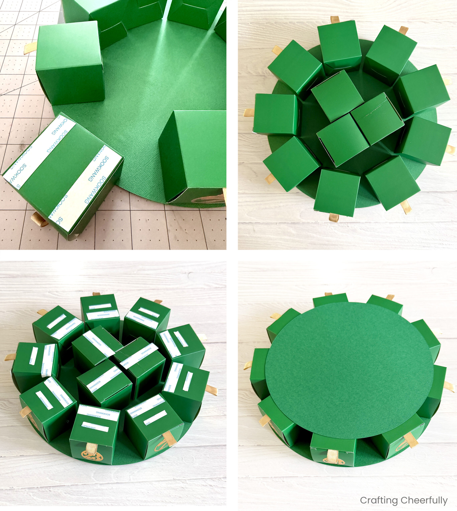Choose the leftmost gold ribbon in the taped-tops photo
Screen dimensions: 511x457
(x=10, y=357)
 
